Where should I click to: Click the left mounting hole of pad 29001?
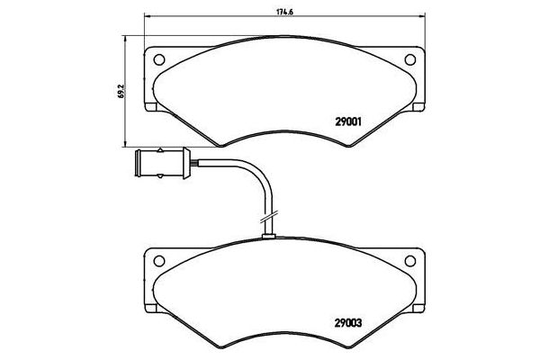[161, 60]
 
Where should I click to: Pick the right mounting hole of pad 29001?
[411, 60]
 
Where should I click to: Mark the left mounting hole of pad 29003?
[161, 262]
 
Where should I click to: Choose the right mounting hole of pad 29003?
[411, 262]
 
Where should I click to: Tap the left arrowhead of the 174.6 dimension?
[145, 21]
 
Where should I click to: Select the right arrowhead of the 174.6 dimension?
[425, 21]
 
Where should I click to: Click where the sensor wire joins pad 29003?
[267, 237]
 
